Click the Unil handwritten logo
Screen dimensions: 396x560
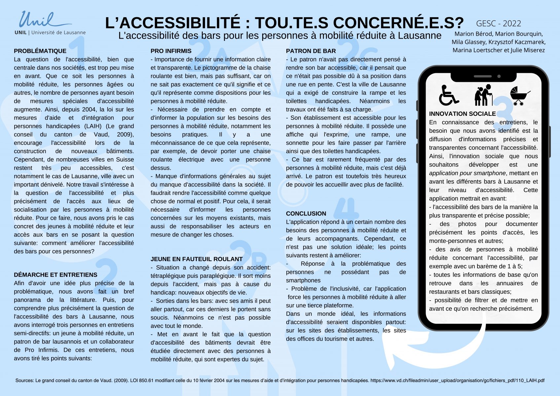point(43,20)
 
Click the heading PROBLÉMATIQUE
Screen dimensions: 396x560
point(40,51)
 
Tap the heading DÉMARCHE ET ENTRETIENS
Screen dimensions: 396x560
point(55,275)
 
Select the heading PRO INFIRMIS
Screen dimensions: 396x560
point(171,51)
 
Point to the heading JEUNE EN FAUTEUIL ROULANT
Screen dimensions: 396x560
point(196,259)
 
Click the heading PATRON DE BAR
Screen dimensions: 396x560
point(311,51)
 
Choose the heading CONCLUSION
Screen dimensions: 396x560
point(306,214)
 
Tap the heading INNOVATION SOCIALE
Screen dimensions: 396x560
point(462,114)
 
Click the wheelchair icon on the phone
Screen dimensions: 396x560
point(448,95)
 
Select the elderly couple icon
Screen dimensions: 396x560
point(483,95)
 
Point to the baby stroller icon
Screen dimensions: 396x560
point(519,95)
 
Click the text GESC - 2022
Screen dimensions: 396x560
point(498,23)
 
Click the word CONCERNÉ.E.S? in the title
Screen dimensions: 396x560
point(398,23)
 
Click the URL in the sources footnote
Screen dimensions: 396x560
point(457,380)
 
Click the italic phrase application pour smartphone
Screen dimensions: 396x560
point(467,173)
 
